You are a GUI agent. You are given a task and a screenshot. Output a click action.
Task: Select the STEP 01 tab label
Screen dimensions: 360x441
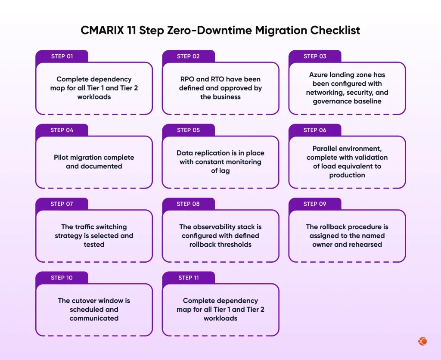coord(62,56)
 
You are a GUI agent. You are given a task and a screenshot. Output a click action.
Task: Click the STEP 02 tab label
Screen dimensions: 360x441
coord(188,56)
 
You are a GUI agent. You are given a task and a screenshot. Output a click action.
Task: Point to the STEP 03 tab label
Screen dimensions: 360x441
coord(315,56)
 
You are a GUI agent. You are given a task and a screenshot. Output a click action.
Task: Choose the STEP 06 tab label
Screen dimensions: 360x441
coord(315,130)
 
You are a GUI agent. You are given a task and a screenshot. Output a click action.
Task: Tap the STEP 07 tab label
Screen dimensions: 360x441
coord(62,204)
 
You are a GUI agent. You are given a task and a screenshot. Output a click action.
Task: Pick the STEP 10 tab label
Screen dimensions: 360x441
coord(62,278)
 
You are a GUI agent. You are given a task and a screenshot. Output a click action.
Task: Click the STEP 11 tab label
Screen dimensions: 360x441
coord(189,278)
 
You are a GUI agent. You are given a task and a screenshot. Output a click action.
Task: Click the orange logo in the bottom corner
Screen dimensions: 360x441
coord(422,341)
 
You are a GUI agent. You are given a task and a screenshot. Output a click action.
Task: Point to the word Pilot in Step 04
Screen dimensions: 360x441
coord(62,158)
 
